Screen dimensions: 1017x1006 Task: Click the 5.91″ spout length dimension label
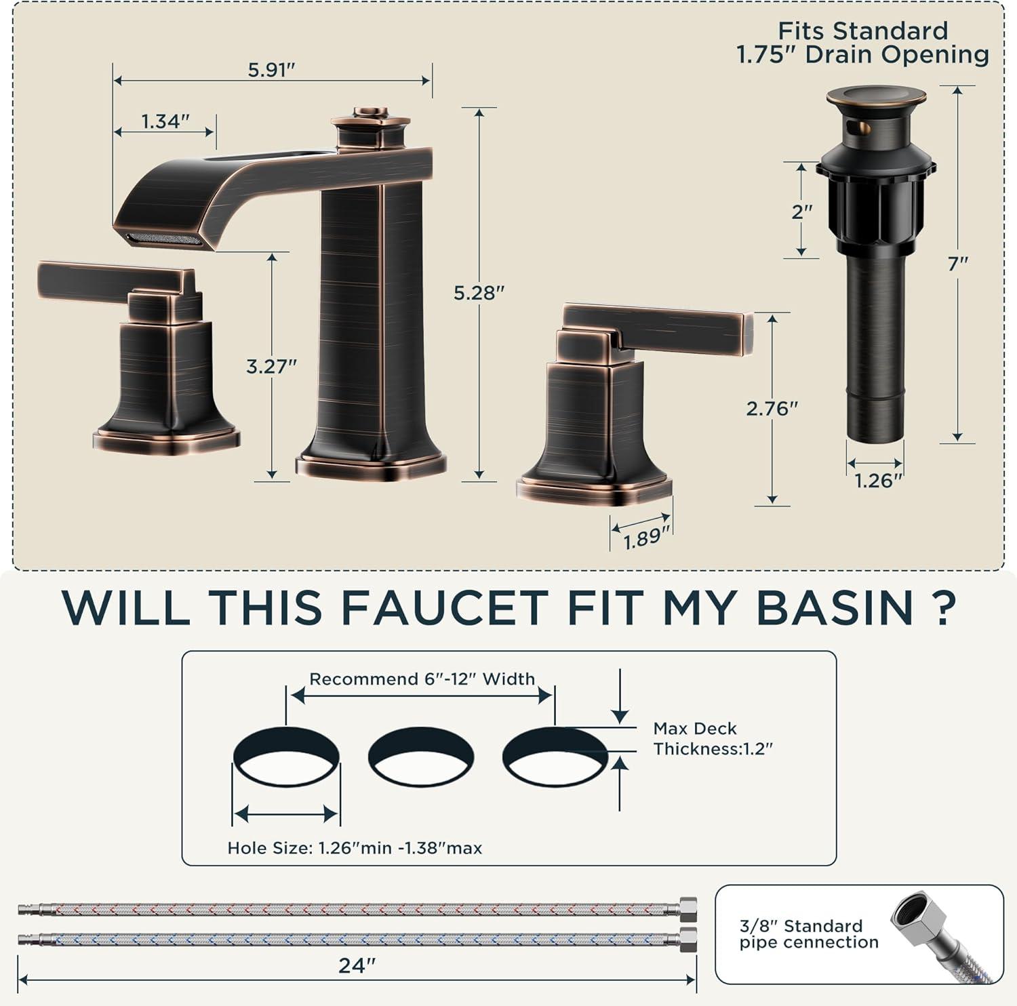click(x=273, y=70)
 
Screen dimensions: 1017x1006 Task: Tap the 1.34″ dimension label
click(x=165, y=121)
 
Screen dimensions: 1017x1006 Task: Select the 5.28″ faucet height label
click(x=479, y=293)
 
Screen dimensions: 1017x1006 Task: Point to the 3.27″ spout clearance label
click(x=271, y=366)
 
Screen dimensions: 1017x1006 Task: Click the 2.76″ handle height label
click(x=772, y=408)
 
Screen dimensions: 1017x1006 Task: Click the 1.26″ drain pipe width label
click(x=879, y=481)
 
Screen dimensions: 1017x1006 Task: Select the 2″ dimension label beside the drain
click(x=802, y=212)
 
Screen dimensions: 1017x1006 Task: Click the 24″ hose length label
click(x=357, y=965)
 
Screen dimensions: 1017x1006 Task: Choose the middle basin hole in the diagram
click(x=421, y=757)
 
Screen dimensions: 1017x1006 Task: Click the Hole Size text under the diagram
click(x=355, y=847)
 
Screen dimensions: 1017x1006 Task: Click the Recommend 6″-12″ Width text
click(x=422, y=679)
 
